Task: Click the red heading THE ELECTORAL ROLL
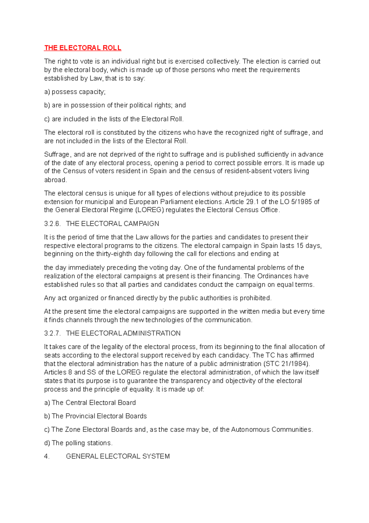pos(82,48)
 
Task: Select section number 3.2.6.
pos(52,224)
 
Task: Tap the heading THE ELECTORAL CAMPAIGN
pos(113,224)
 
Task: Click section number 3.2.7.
pos(52,333)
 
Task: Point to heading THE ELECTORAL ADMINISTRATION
pos(123,333)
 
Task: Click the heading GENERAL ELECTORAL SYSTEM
pos(118,456)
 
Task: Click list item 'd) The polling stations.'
pos(78,443)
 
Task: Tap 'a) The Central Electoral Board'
pos(90,403)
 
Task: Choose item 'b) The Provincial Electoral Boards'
pos(95,416)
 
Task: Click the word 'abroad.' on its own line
pos(55,180)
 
